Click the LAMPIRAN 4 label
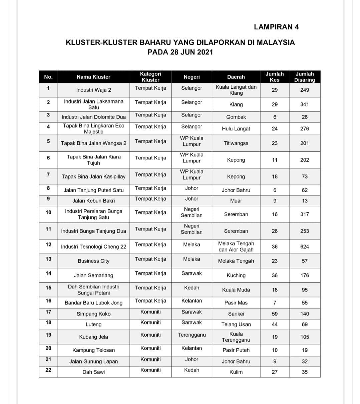pos(276,27)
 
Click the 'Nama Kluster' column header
pos(93,77)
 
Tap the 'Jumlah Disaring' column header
pos(304,77)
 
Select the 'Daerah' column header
pos(236,77)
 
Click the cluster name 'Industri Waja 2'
pos(93,90)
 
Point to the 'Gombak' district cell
pos(236,117)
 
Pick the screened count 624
pos(304,247)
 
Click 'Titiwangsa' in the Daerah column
pos(236,143)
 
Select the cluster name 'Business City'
pos(93,261)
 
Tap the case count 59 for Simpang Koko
pos(275,314)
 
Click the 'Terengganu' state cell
pos(192,335)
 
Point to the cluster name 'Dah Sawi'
pos(93,372)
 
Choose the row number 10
pos(48,212)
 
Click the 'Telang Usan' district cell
pos(236,325)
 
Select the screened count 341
pos(304,104)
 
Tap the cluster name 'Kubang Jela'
pos(93,337)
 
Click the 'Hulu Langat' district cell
pos(236,129)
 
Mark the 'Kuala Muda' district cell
pos(236,290)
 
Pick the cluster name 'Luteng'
pos(93,325)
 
